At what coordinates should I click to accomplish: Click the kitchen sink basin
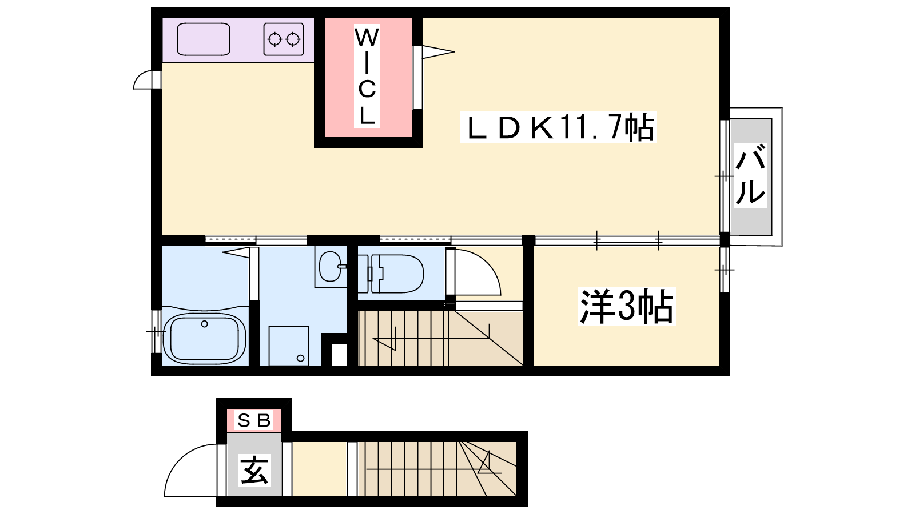click(x=204, y=39)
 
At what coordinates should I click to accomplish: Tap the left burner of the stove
click(x=274, y=39)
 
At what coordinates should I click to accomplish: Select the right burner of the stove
click(x=293, y=39)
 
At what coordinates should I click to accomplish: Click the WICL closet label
click(x=367, y=77)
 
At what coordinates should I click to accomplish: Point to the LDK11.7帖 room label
click(x=558, y=127)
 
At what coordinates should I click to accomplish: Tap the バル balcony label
click(x=750, y=175)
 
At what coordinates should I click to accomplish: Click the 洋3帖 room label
click(x=627, y=306)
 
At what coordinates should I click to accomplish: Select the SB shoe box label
click(x=254, y=420)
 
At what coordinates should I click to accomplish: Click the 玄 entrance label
click(x=254, y=470)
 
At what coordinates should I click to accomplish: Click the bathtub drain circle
click(x=205, y=324)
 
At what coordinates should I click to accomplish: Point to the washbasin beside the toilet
click(x=330, y=266)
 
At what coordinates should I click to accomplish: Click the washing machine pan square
click(x=289, y=346)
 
